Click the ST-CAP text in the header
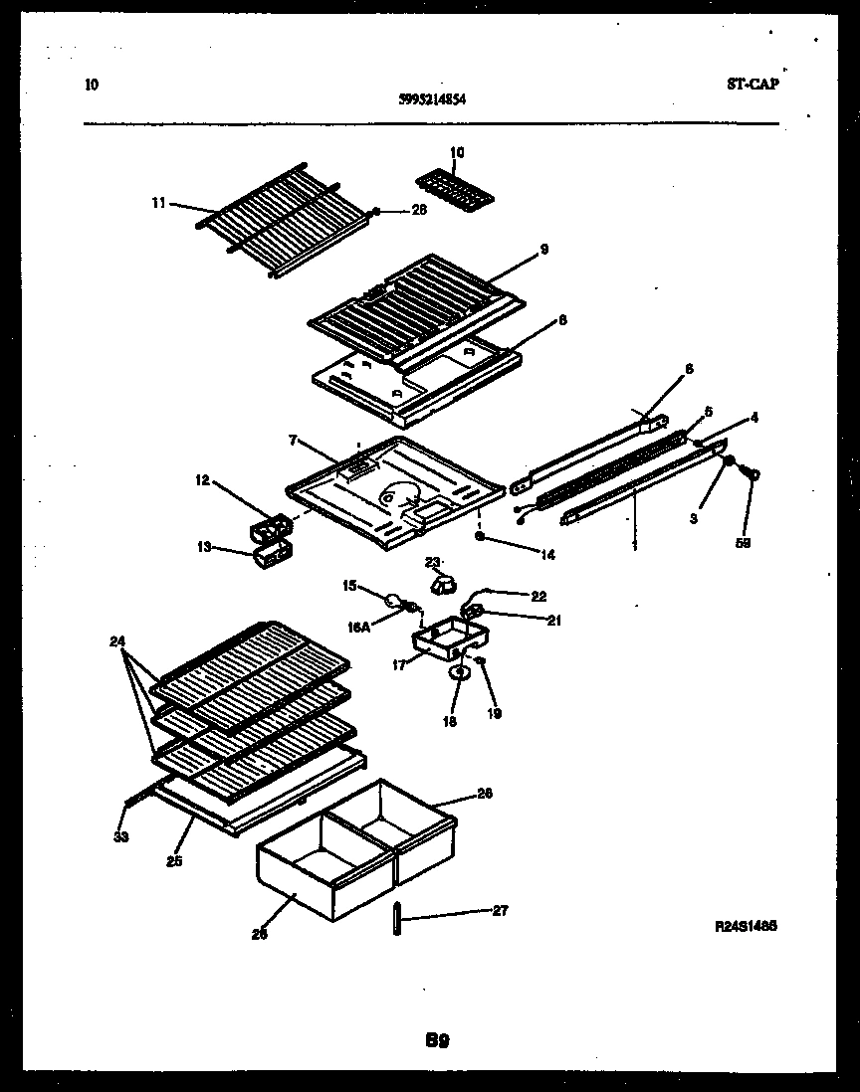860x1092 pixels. point(752,85)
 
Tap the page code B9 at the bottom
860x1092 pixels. point(438,1041)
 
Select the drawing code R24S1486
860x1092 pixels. point(746,926)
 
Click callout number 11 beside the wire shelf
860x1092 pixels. point(158,203)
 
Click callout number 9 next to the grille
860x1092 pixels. point(543,249)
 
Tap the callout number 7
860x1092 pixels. point(293,439)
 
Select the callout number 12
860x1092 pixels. point(202,480)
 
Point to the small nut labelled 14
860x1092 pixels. point(481,536)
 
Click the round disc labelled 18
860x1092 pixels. point(459,673)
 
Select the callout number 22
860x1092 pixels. point(538,596)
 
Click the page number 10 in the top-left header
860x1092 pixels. point(92,86)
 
